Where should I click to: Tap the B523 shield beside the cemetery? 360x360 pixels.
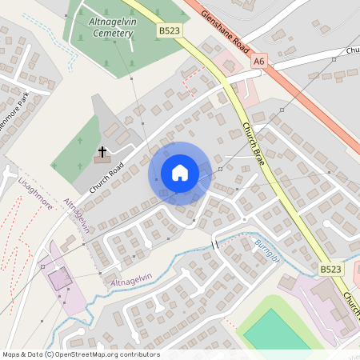pyautogui.click(x=168, y=30)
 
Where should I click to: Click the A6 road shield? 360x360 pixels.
pyautogui.click(x=258, y=60)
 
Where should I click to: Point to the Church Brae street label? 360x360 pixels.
pyautogui.click(x=254, y=139)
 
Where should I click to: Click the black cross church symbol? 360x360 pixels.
pyautogui.click(x=102, y=151)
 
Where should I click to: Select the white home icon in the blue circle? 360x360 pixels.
pyautogui.click(x=180, y=173)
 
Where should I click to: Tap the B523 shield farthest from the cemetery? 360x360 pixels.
pyautogui.click(x=330, y=270)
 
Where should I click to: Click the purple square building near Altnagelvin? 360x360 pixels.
pyautogui.click(x=58, y=279)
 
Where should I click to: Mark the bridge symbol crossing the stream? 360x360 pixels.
pyautogui.click(x=214, y=244)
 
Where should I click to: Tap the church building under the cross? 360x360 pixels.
pyautogui.click(x=103, y=160)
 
